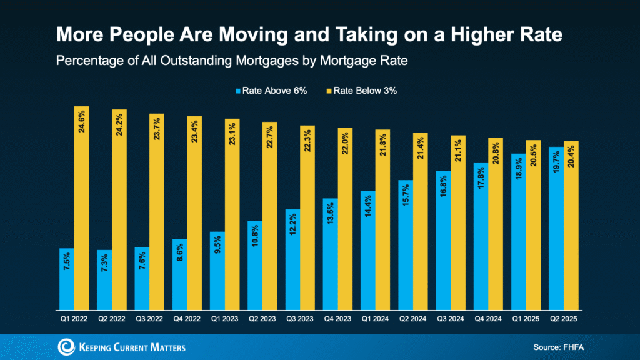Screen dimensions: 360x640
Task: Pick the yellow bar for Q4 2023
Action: pyautogui.click(x=345, y=219)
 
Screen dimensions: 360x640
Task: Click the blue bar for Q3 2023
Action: pyautogui.click(x=292, y=259)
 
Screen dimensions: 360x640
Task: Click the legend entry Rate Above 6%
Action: pyautogui.click(x=266, y=90)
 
